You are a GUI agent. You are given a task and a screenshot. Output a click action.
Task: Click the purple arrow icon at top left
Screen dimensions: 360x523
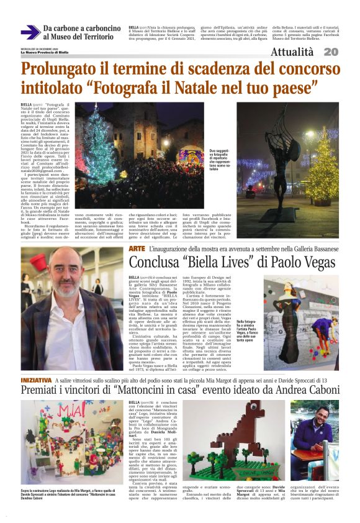[x=30, y=33]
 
